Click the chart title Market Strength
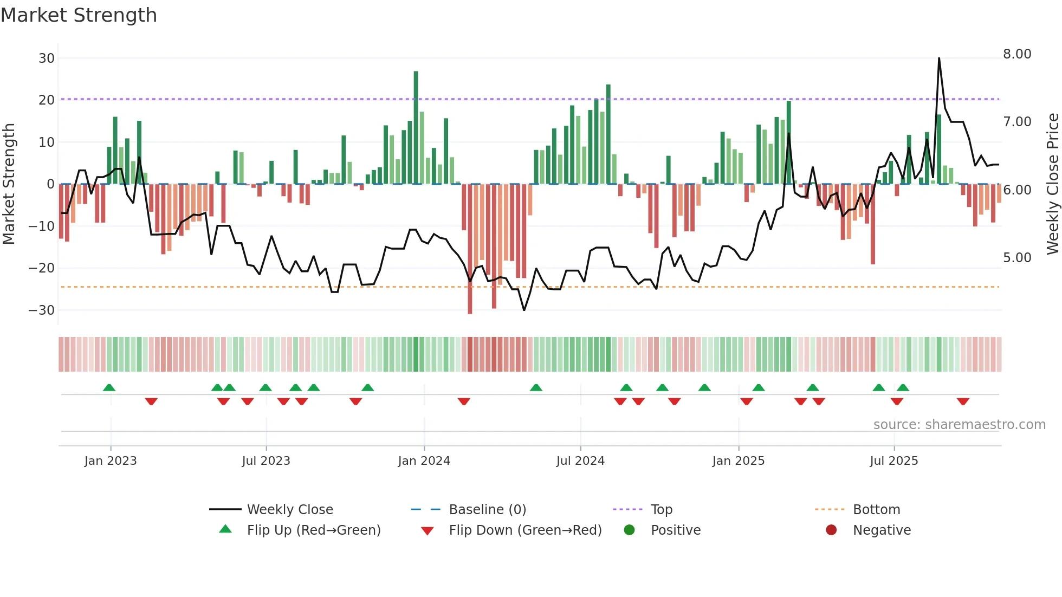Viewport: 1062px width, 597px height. tap(79, 15)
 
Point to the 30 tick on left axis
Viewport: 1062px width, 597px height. tap(47, 58)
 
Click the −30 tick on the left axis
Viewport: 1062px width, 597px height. tap(42, 310)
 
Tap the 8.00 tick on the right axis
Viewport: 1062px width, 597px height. tap(1017, 54)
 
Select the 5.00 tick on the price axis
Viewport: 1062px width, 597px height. tap(1017, 257)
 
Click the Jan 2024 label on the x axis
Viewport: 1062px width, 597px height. tap(424, 460)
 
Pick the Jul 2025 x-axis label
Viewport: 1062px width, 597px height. tap(893, 460)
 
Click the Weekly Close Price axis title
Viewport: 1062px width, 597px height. tap(1052, 184)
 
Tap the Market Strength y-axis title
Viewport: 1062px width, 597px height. tap(9, 184)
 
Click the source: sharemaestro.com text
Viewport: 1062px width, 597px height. tap(959, 425)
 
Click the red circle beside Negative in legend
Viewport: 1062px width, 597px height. tap(831, 530)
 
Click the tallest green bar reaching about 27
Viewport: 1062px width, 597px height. tap(416, 127)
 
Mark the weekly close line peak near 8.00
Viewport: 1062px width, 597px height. tap(939, 59)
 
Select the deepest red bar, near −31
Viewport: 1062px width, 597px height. tap(470, 249)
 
